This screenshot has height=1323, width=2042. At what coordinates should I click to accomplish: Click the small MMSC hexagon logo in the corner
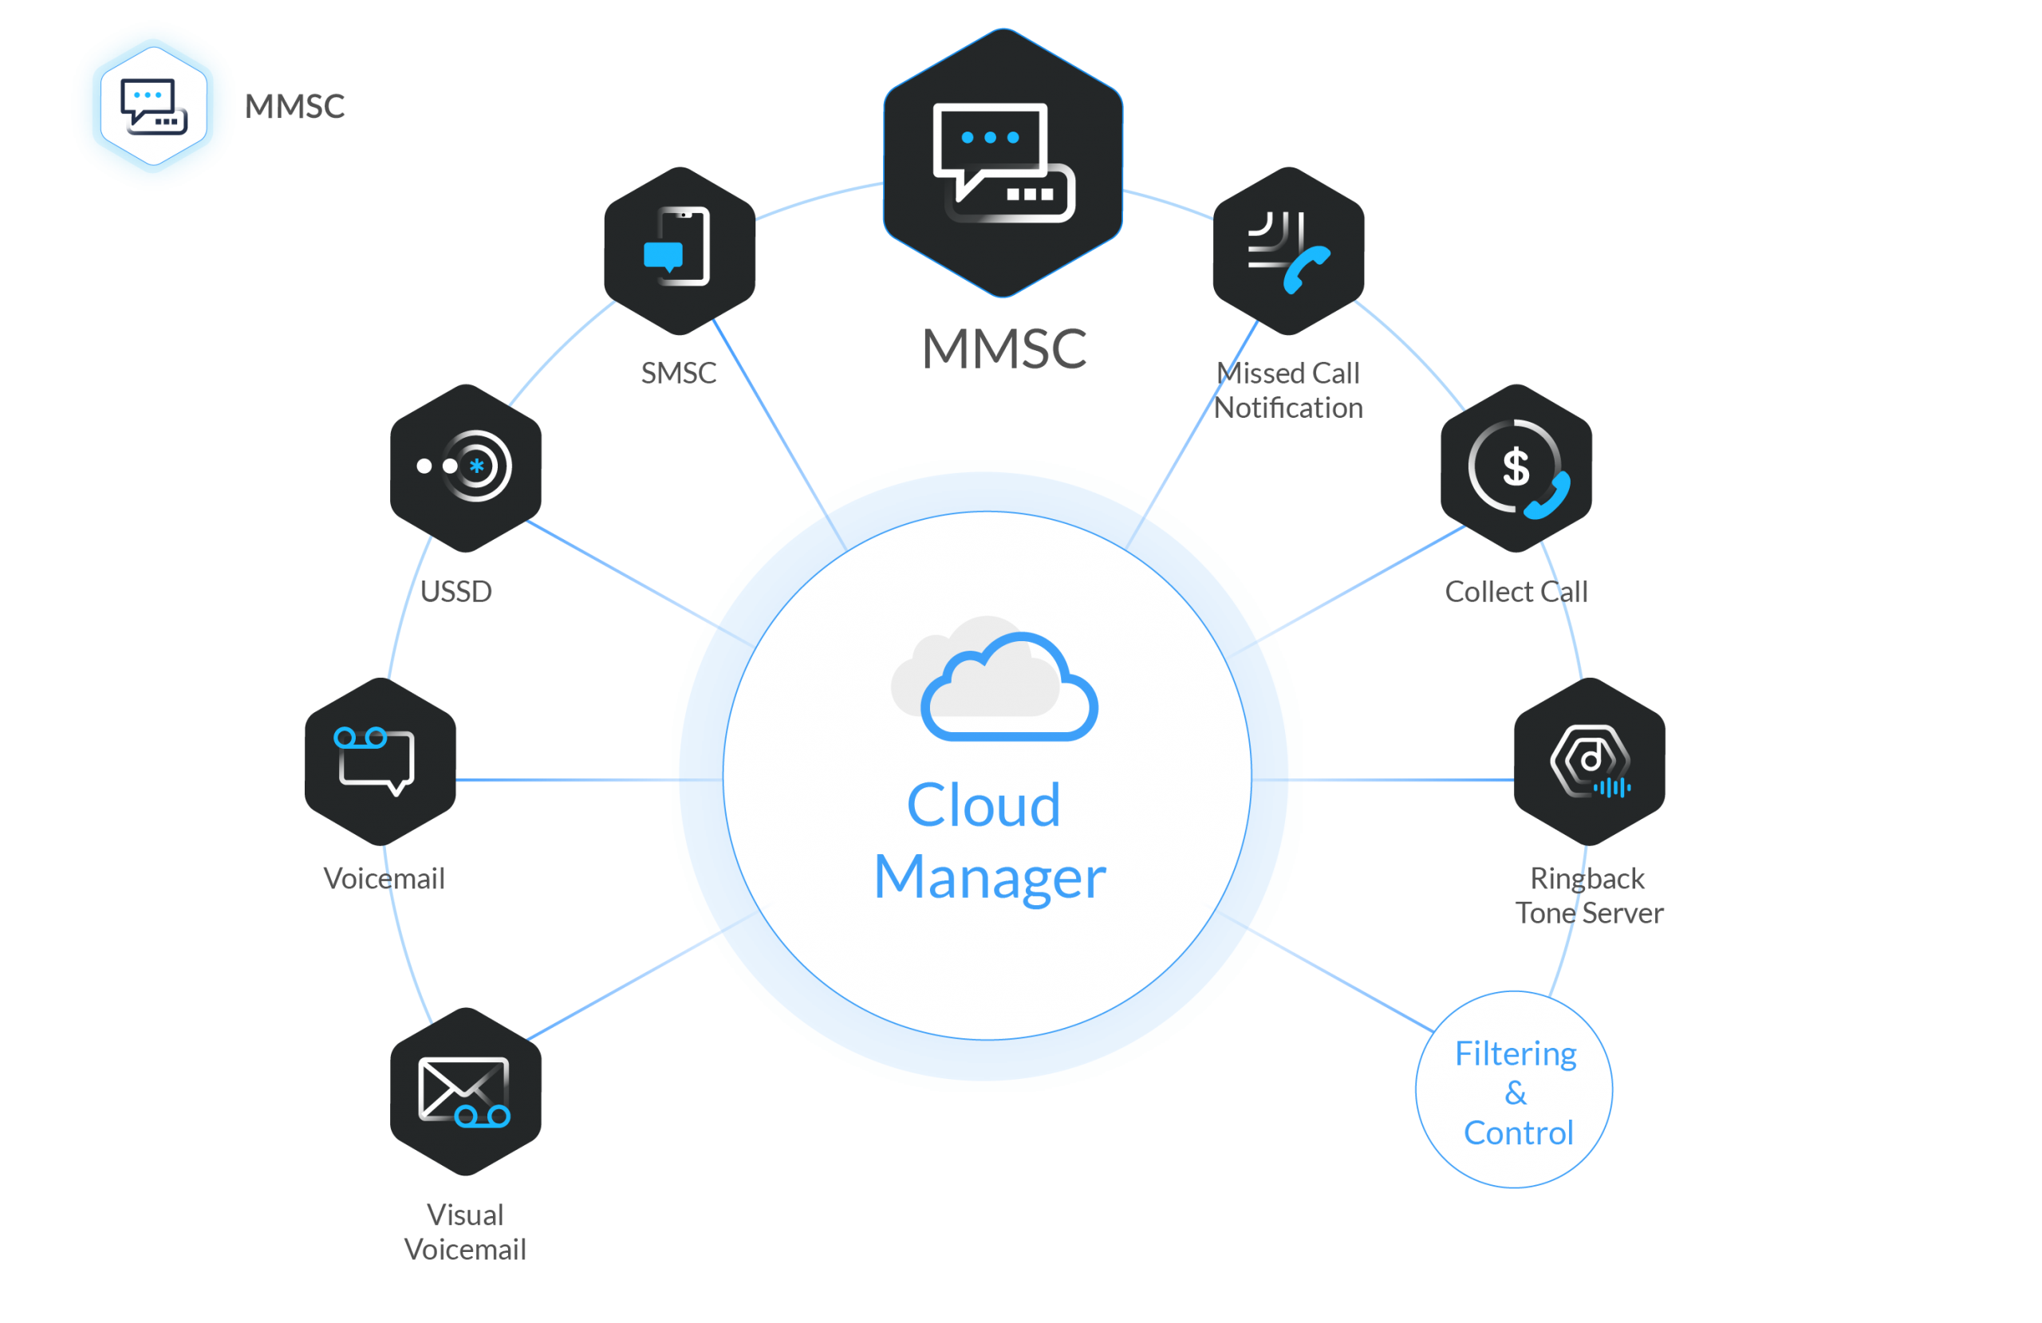tap(154, 105)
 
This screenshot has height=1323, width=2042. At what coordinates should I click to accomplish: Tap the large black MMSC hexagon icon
tap(1003, 163)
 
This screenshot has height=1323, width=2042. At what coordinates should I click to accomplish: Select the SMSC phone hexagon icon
tap(680, 250)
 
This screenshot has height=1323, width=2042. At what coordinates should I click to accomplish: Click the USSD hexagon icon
tap(466, 468)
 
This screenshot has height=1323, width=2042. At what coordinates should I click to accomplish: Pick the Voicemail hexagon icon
tap(380, 762)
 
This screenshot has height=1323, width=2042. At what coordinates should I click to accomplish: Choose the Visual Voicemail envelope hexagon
tap(466, 1092)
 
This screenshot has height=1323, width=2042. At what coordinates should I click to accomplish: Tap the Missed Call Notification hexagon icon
tap(1289, 250)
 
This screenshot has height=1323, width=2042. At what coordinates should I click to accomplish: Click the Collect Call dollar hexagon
tap(1516, 468)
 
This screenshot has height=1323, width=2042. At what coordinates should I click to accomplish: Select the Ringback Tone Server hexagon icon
tap(1590, 762)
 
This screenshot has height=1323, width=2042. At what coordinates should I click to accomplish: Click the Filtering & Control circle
tap(1514, 1089)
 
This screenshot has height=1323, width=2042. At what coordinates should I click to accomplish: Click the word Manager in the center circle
tap(990, 878)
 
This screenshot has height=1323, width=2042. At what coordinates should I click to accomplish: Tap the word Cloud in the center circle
tap(984, 805)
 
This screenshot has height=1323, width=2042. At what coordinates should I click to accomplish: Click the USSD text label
tap(455, 591)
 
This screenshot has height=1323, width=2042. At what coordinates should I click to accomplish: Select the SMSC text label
tap(679, 372)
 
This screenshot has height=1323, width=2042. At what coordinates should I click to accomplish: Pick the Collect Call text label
tap(1516, 591)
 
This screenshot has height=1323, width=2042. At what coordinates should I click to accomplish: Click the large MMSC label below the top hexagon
tap(1003, 348)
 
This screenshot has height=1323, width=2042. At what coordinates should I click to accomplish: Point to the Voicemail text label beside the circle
tap(384, 878)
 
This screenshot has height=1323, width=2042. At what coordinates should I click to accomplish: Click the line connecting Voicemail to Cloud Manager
tap(589, 780)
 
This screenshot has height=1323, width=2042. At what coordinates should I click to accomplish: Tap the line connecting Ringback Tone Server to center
tap(1383, 780)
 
